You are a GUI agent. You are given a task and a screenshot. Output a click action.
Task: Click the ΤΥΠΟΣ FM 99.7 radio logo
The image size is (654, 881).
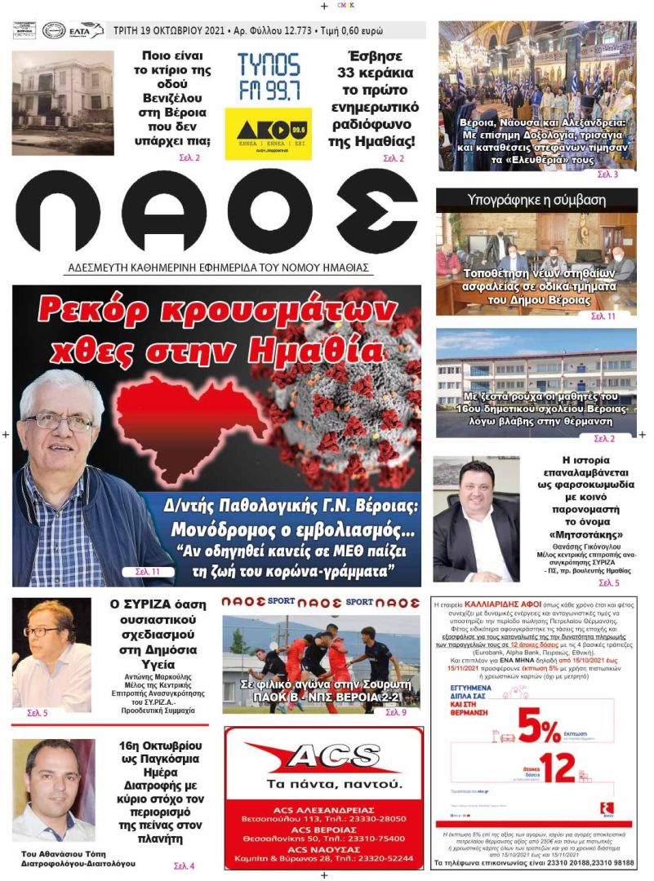tap(269, 77)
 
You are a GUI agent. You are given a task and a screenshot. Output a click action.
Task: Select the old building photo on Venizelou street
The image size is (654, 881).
tap(63, 103)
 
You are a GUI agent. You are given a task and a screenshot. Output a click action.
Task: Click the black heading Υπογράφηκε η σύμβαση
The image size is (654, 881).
tap(536, 199)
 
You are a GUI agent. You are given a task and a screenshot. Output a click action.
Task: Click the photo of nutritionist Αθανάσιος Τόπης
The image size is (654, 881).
tap(53, 790)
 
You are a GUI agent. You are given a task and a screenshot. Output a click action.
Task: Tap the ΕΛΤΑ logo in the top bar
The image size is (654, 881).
tap(86, 31)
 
